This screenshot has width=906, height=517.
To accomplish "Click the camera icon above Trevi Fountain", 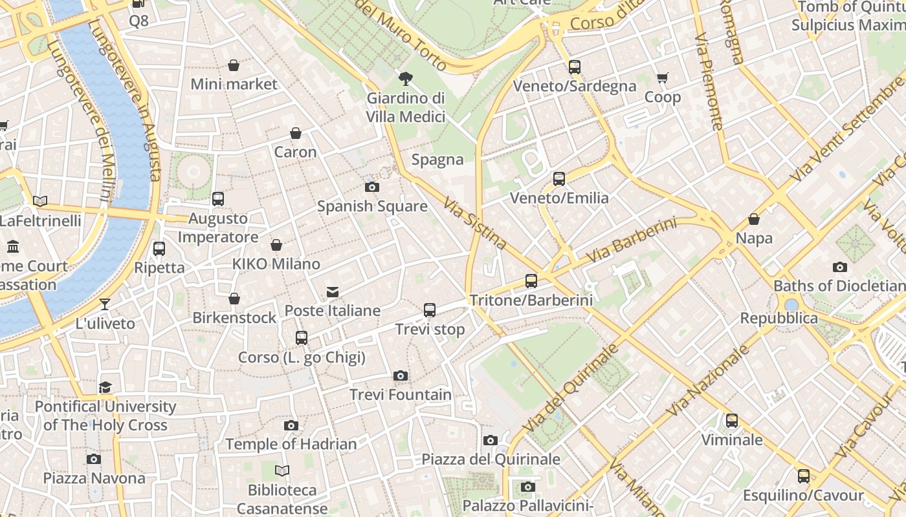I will [x=401, y=375].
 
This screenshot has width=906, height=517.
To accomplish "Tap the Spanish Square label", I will [x=372, y=206].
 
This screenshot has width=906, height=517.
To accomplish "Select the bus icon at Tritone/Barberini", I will [x=531, y=280].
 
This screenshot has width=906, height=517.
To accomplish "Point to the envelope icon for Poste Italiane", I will [x=333, y=292].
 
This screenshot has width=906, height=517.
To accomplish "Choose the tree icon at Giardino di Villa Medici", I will [x=406, y=79].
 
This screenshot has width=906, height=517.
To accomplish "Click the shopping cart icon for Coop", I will [x=663, y=78].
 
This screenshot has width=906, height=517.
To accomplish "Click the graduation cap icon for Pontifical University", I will [x=105, y=387].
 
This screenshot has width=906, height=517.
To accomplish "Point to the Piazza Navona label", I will [x=94, y=478].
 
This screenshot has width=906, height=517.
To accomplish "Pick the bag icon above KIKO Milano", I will [x=276, y=245].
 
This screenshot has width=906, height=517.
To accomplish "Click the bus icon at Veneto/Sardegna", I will [x=575, y=67].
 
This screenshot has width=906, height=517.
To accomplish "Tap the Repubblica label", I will [x=779, y=319].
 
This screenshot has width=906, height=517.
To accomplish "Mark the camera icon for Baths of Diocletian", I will [x=839, y=267].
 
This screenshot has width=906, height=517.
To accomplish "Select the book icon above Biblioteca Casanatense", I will [x=282, y=470].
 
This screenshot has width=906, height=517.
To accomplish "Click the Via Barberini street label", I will [x=631, y=240].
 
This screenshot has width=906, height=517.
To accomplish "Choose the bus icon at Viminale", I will [x=732, y=421].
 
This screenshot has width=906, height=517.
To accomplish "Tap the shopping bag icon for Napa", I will [x=754, y=219].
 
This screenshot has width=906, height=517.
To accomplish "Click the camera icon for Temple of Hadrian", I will [x=291, y=425].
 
